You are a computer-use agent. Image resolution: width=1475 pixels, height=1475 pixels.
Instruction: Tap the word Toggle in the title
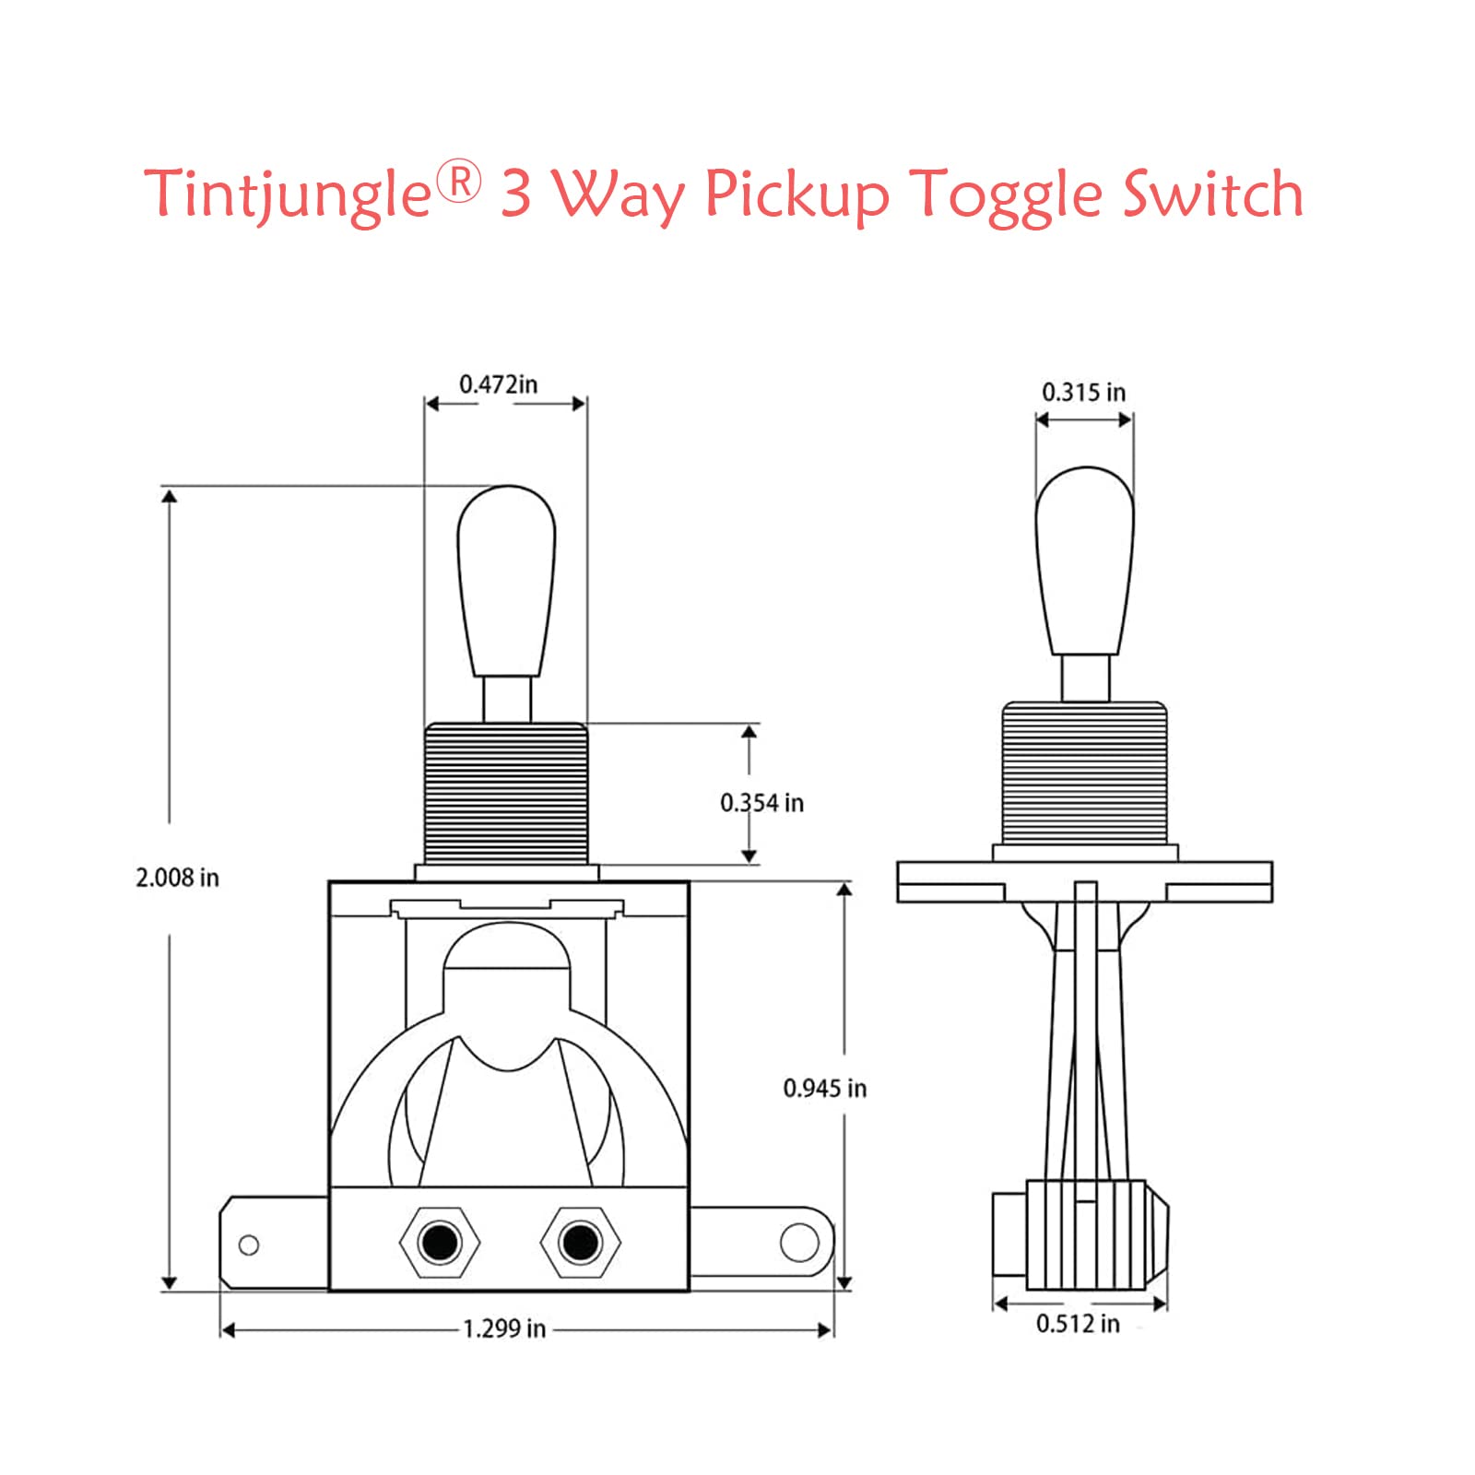[x=1008, y=195]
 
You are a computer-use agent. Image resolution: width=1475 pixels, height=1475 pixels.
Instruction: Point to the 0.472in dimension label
[x=498, y=384]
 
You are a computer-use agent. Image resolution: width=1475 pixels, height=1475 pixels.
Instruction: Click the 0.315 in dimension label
[x=1083, y=393]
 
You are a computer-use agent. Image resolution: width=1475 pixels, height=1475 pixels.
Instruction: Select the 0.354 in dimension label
[x=761, y=803]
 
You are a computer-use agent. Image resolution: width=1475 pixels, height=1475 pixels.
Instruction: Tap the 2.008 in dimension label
[x=177, y=878]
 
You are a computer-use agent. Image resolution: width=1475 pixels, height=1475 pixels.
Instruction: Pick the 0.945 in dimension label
[x=824, y=1089]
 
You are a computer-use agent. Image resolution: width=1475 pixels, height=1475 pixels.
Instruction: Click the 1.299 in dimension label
[x=503, y=1328]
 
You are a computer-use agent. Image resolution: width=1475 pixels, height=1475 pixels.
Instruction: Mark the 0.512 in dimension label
[x=1078, y=1324]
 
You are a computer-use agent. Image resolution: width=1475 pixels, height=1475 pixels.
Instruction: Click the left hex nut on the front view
[x=440, y=1242]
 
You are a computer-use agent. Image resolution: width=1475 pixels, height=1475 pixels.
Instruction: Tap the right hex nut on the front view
[x=580, y=1242]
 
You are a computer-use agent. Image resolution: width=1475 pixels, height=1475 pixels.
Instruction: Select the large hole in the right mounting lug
[x=799, y=1242]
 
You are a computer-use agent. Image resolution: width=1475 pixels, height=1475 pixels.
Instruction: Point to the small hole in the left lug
[x=249, y=1245]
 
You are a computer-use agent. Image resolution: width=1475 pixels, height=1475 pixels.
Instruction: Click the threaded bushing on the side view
[x=1084, y=773]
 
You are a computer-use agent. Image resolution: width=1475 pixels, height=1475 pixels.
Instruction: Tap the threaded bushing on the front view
[x=506, y=794]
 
